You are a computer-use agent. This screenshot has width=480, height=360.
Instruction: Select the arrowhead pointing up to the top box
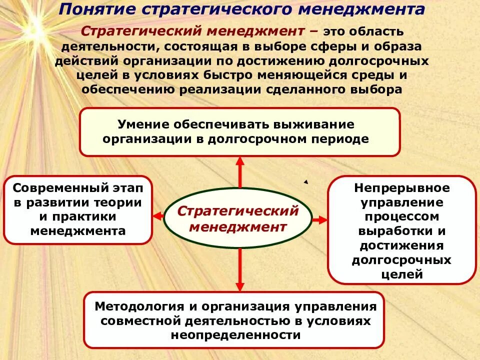(x=240, y=161)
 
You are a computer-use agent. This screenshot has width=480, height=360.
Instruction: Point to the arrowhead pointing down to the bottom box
(x=240, y=286)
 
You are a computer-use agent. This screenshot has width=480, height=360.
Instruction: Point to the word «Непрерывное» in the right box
(x=402, y=188)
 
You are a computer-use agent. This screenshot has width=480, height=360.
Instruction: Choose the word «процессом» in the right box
(x=402, y=217)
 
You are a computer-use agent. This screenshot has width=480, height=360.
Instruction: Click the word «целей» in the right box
(x=402, y=274)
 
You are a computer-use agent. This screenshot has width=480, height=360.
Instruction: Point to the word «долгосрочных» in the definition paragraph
(x=381, y=60)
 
